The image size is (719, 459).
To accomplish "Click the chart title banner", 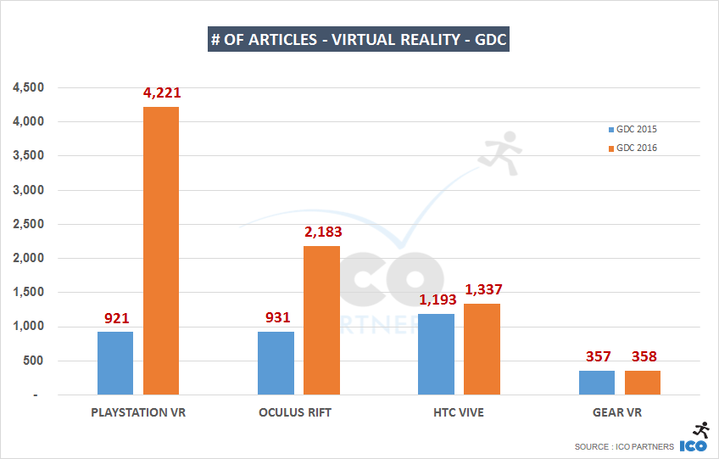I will click(x=359, y=40).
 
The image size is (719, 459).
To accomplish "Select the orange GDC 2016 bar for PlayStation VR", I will click(x=161, y=251).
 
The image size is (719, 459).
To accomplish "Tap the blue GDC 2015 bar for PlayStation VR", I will click(x=115, y=363).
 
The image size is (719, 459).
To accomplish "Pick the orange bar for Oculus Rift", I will click(x=321, y=321).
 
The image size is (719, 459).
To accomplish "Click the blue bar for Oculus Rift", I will click(x=276, y=363).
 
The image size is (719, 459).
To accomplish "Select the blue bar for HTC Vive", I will click(x=436, y=354).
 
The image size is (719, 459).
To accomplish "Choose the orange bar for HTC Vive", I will click(x=482, y=349).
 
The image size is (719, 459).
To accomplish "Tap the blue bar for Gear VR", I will click(x=597, y=383).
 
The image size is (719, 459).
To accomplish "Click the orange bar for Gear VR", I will click(x=643, y=383).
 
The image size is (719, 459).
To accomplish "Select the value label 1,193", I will click(x=436, y=300).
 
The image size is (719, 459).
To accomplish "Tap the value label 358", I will click(x=643, y=357).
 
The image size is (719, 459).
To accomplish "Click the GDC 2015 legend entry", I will click(x=631, y=130).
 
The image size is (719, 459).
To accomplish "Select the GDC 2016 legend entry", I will click(x=631, y=148).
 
